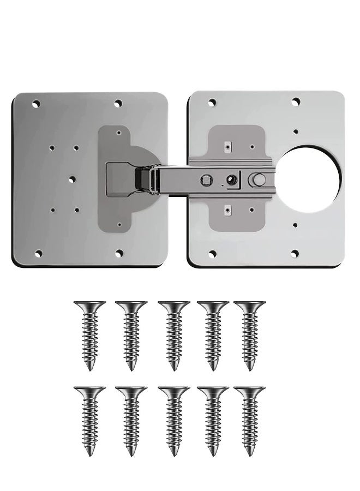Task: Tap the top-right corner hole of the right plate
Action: pyautogui.click(x=296, y=101)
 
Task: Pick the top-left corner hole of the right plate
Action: pyautogui.click(x=212, y=101)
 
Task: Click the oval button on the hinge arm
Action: pyautogui.click(x=257, y=178)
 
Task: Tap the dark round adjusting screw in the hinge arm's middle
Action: pyautogui.click(x=231, y=178)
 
